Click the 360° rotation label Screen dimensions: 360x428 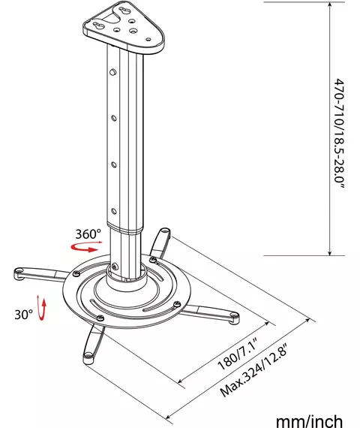pos(88,234)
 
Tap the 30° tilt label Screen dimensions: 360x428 pos(23,315)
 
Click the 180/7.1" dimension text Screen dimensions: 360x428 pos(238,354)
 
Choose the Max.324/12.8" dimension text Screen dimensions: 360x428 pos(253,370)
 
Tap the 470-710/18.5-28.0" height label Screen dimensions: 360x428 pos(339,134)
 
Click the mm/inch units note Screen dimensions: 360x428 pos(309,420)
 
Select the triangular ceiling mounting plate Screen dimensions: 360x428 pos(124,27)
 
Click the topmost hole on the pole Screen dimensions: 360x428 pos(112,72)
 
